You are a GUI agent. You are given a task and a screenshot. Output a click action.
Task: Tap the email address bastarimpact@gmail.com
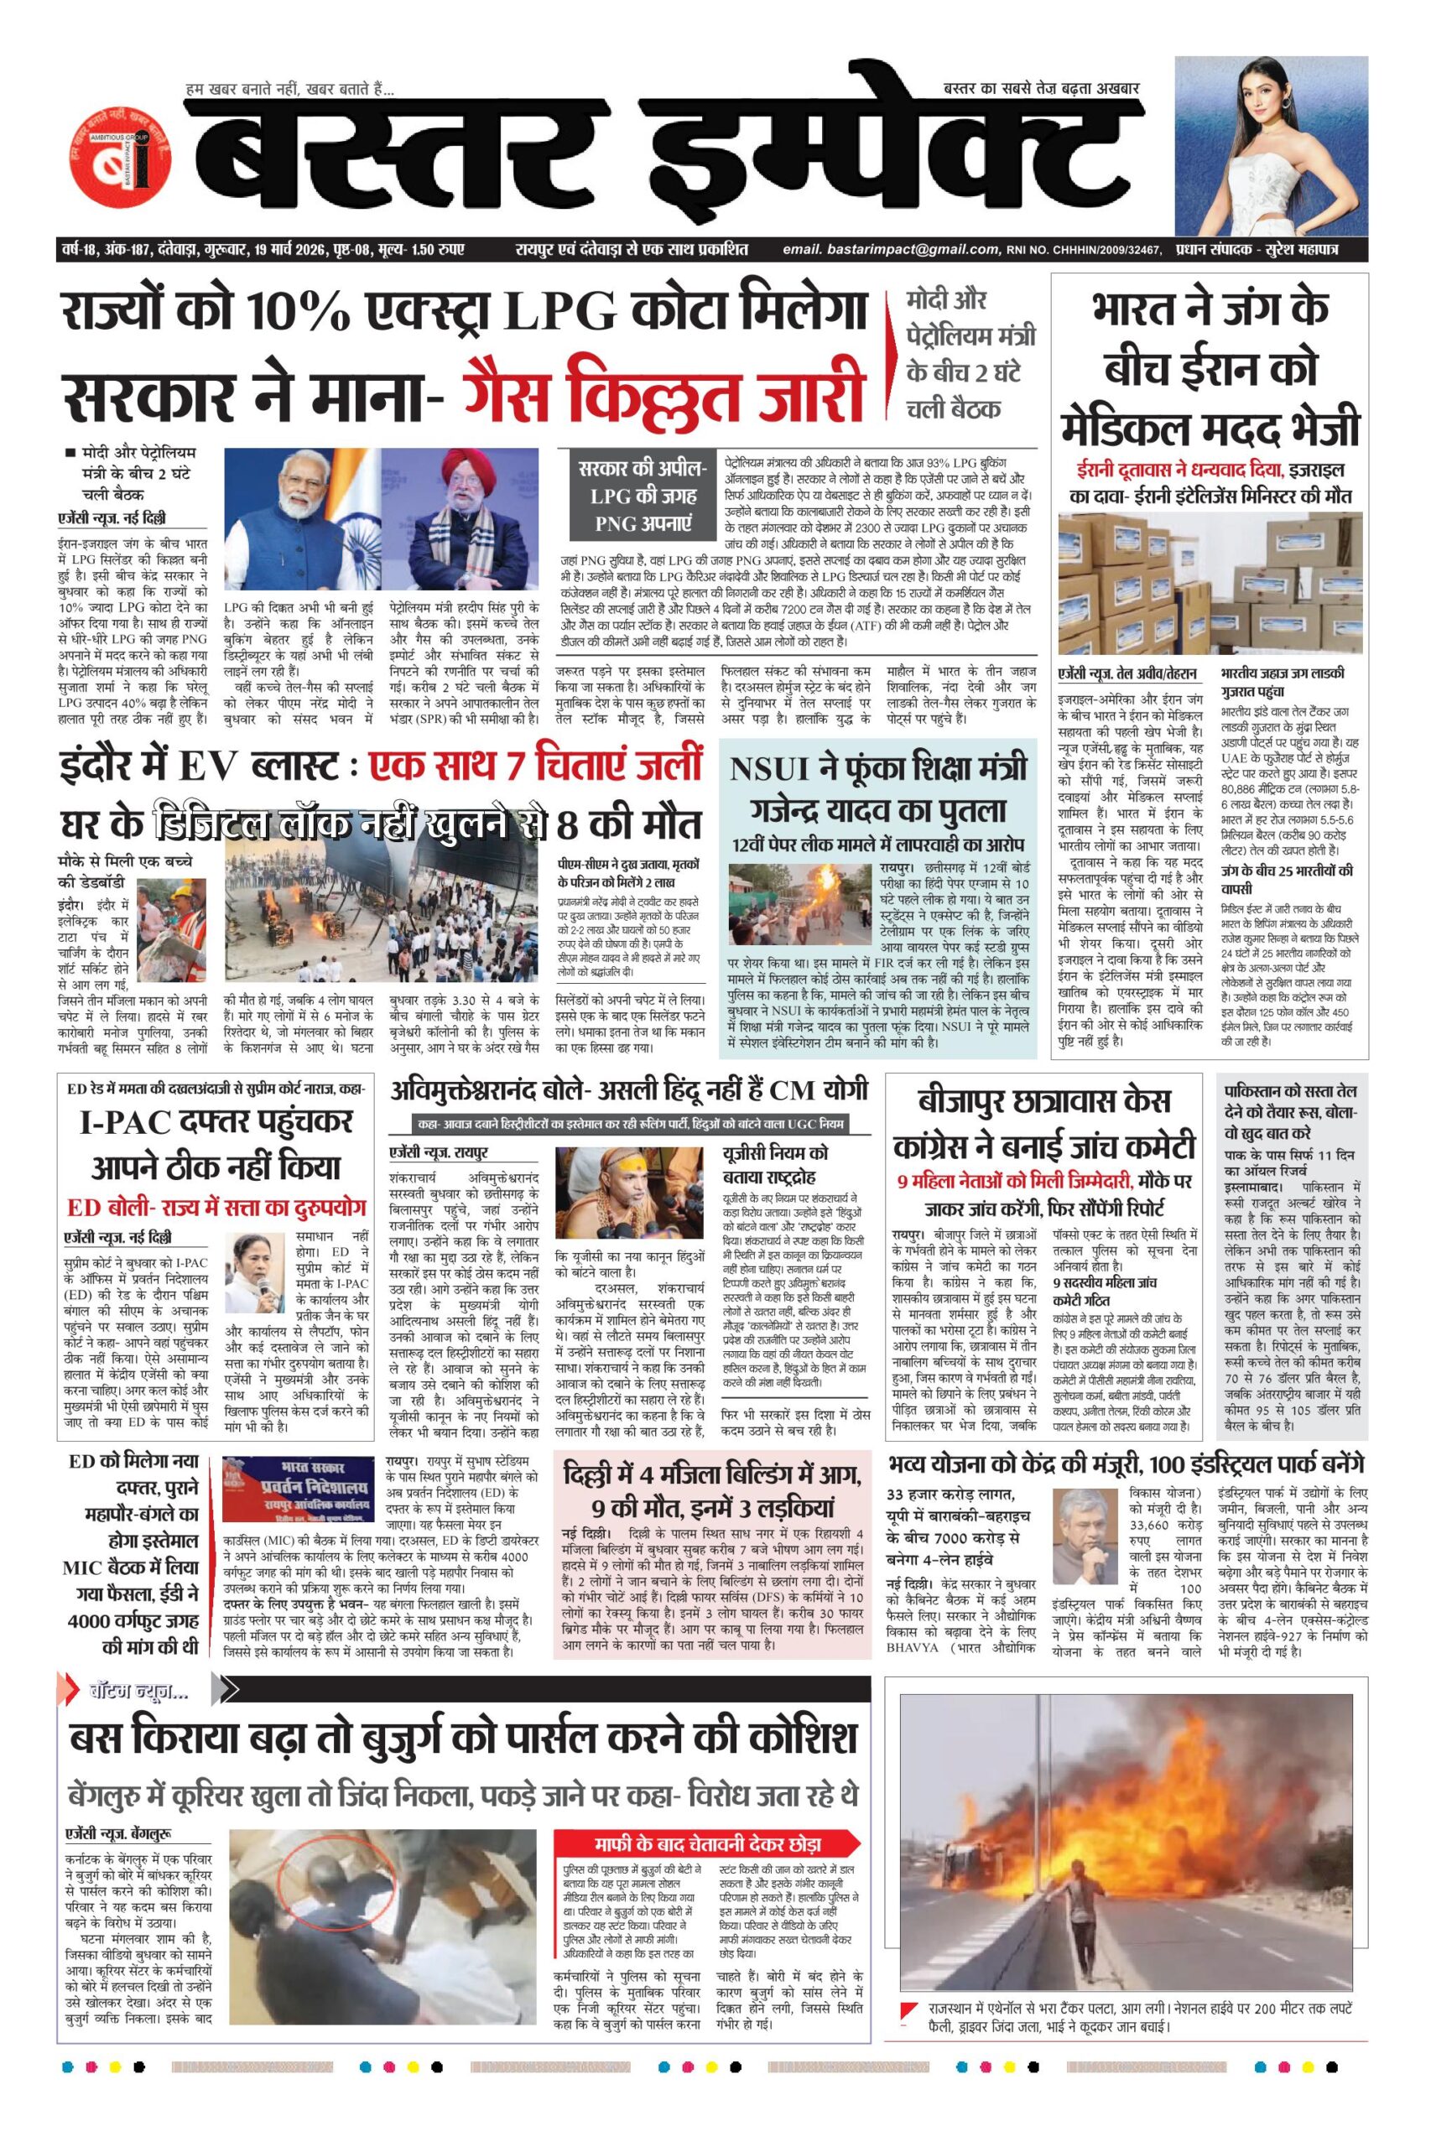pyautogui.click(x=890, y=250)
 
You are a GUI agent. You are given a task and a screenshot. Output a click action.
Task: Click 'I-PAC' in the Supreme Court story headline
pyautogui.click(x=123, y=1121)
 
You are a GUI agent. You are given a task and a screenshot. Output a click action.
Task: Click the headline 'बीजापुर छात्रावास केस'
pyautogui.click(x=1044, y=1101)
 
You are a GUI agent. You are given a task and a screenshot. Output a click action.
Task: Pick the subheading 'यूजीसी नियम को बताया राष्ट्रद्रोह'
pyautogui.click(x=774, y=1164)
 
